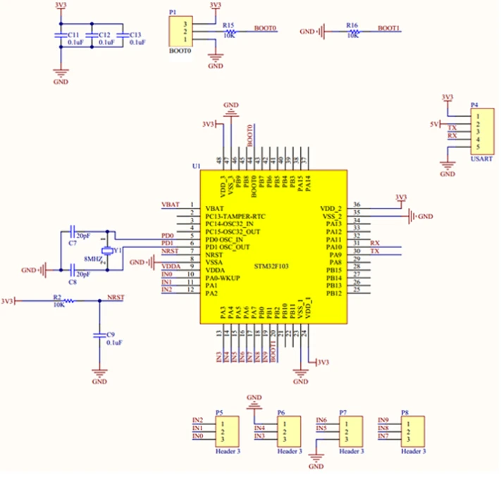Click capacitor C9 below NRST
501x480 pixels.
click(99, 337)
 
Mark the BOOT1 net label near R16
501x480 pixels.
click(389, 28)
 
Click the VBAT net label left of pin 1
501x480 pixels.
click(170, 204)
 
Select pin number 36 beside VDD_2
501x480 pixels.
click(357, 204)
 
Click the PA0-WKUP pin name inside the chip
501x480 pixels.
click(225, 278)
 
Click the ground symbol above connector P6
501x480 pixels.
click(254, 401)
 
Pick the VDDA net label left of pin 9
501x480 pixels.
click(171, 266)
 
